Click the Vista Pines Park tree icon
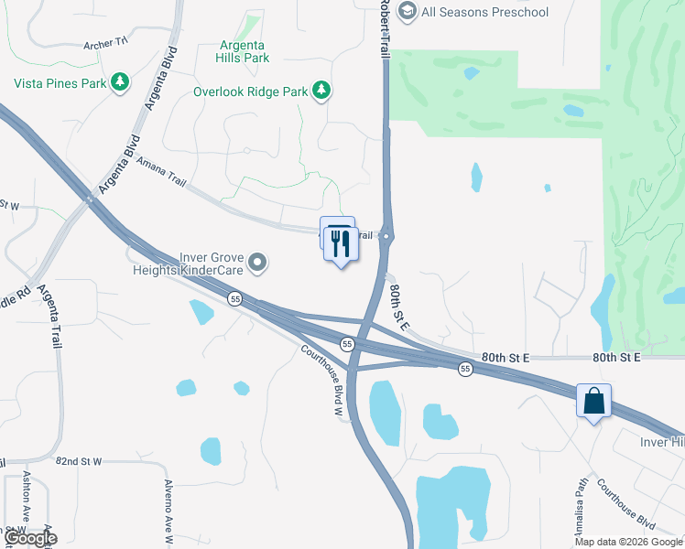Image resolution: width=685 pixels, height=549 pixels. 119,83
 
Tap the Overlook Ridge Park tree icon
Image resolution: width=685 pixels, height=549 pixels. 321,90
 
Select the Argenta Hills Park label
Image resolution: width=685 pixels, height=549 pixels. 243,51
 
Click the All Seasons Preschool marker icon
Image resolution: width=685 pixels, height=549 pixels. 408,12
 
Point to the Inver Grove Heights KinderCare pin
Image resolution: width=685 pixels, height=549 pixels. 258,264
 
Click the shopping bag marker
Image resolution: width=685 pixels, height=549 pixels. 593,400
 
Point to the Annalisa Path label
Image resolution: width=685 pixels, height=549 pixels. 579,509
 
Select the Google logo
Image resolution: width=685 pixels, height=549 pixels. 29,538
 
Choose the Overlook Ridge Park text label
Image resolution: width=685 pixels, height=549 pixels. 250,91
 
